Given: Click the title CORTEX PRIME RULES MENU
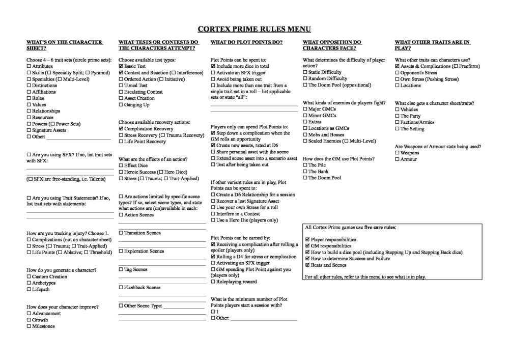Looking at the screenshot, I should click(x=254, y=29).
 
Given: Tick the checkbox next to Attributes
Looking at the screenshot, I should click(x=29, y=67).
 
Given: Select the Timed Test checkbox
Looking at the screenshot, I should click(x=121, y=86).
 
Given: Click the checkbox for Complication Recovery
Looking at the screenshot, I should click(x=121, y=129).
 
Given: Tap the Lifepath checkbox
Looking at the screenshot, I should click(x=29, y=289).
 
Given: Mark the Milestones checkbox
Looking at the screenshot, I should click(x=29, y=326).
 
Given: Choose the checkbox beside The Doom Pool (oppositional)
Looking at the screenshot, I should click(x=305, y=85).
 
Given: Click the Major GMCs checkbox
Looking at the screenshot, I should click(x=305, y=109).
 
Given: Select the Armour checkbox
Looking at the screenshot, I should click(x=398, y=159).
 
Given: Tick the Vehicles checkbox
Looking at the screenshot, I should click(x=398, y=109).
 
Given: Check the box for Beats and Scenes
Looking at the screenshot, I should click(x=307, y=265).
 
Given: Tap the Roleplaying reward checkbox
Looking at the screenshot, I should click(x=213, y=282).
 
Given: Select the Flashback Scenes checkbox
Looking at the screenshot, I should click(x=121, y=288).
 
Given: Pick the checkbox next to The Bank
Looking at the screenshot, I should click(x=305, y=172).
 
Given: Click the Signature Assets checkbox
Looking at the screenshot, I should click(x=29, y=130).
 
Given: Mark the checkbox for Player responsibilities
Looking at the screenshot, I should click(x=307, y=239).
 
